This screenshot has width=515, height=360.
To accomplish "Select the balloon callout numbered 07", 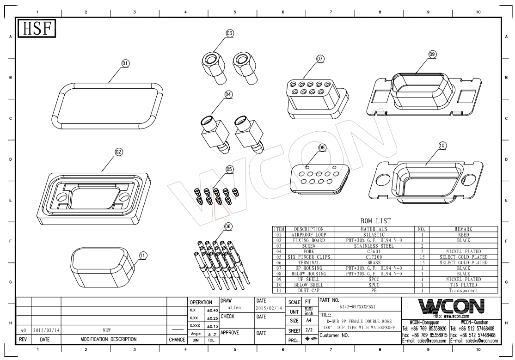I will click(x=320, y=59).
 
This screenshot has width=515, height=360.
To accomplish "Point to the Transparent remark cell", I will click(x=464, y=291).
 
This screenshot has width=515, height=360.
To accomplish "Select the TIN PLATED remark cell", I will click(x=464, y=285).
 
